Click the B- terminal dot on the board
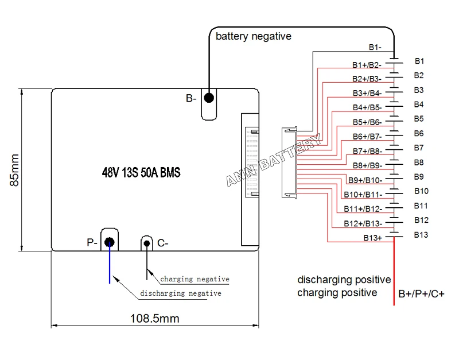tap(209, 98)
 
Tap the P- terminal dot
tap(109, 242)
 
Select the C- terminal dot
tap(147, 243)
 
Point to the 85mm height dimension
tap(14, 169)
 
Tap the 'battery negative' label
tap(253, 36)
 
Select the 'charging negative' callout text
tap(195, 279)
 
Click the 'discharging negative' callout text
tap(181, 293)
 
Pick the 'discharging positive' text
tap(344, 280)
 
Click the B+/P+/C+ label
tap(422, 294)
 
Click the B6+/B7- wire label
tap(367, 136)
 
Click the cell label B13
tap(421, 234)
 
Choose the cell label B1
tap(419, 61)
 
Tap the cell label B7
tap(419, 148)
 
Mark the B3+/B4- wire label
tap(367, 93)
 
